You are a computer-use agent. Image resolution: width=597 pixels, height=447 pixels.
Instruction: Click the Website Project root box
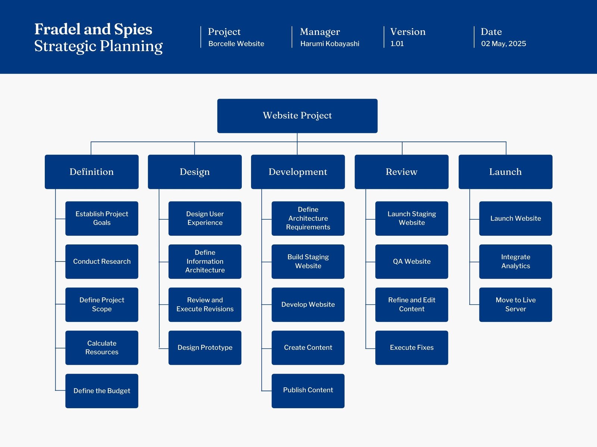pyautogui.click(x=297, y=115)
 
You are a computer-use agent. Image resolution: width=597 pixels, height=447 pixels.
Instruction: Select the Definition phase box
pyautogui.click(x=91, y=172)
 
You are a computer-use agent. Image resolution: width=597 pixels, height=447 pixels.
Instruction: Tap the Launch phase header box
pyautogui.click(x=505, y=172)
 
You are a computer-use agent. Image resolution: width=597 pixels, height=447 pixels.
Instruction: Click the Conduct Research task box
pyautogui.click(x=101, y=261)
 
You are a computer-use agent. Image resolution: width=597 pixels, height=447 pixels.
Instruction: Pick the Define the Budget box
pyautogui.click(x=101, y=391)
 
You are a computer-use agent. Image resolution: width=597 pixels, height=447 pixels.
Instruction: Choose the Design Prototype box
pyautogui.click(x=205, y=348)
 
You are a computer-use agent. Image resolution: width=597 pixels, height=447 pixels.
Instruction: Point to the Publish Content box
pyautogui.click(x=308, y=390)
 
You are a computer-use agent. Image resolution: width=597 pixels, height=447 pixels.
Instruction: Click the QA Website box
pyautogui.click(x=412, y=261)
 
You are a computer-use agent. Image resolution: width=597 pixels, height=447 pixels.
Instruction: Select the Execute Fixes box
pyautogui.click(x=412, y=348)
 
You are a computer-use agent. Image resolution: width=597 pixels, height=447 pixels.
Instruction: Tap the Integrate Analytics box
pyautogui.click(x=515, y=261)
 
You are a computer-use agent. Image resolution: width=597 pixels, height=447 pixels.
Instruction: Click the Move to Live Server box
pyautogui.click(x=515, y=304)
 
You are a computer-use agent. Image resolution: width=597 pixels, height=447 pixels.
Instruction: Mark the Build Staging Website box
pyautogui.click(x=308, y=261)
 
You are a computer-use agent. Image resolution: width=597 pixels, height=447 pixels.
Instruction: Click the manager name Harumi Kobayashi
pyautogui.click(x=329, y=44)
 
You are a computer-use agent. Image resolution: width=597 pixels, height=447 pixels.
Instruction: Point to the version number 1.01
pyautogui.click(x=397, y=44)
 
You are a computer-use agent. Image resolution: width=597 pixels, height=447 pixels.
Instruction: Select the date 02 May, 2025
pyautogui.click(x=503, y=44)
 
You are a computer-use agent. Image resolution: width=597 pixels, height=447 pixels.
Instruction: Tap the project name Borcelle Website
pyautogui.click(x=236, y=44)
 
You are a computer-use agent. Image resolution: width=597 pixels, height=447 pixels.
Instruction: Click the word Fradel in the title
pyautogui.click(x=57, y=29)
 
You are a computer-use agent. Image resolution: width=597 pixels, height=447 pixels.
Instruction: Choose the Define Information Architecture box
pyautogui.click(x=205, y=261)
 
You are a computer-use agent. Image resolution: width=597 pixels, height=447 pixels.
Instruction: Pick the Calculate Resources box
pyautogui.click(x=101, y=348)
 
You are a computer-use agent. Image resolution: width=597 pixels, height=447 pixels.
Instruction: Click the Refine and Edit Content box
pyautogui.click(x=412, y=304)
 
